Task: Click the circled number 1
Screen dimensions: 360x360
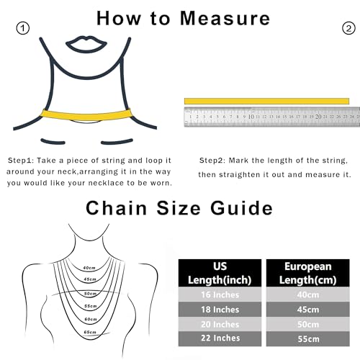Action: (23, 29)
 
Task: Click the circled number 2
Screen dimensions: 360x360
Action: (348, 29)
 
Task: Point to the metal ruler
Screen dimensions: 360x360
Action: (271, 116)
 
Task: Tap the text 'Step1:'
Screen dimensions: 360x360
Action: (24, 159)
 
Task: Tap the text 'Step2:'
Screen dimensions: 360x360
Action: (215, 159)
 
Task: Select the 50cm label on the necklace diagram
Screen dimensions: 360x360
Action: (90, 294)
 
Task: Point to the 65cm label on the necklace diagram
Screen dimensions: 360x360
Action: (90, 332)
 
